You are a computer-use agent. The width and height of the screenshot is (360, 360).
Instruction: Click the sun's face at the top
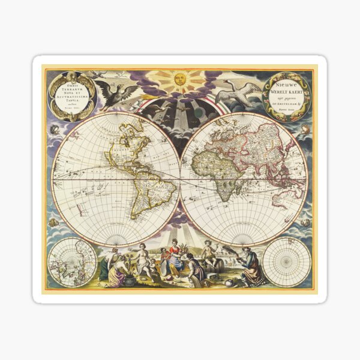point(180,79)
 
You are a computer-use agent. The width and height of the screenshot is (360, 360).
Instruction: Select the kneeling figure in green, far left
point(107,265)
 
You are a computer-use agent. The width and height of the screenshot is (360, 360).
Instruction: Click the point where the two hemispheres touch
point(180,180)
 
